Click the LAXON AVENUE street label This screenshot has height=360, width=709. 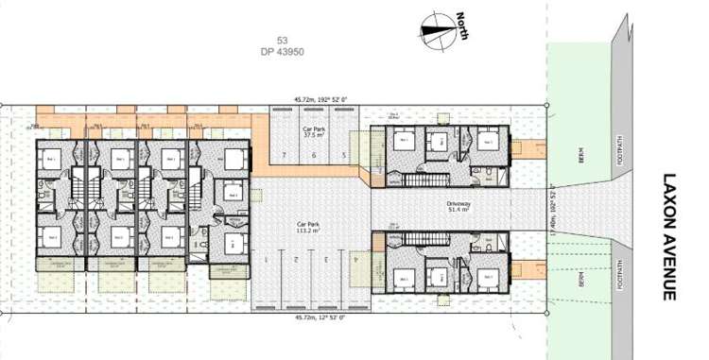pyautogui.click(x=670, y=236)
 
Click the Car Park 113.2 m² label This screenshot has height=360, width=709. pyautogui.click(x=309, y=228)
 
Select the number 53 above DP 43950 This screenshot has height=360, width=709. pyautogui.click(x=282, y=40)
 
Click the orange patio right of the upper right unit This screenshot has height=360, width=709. pyautogui.click(x=532, y=149)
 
